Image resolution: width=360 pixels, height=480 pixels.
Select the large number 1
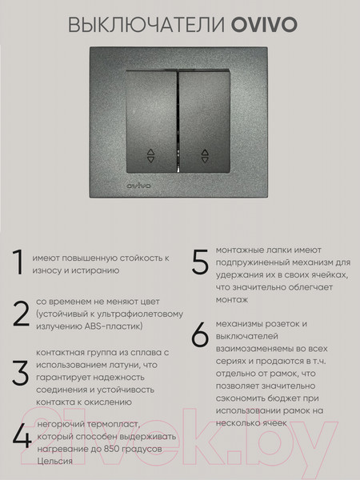18,263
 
